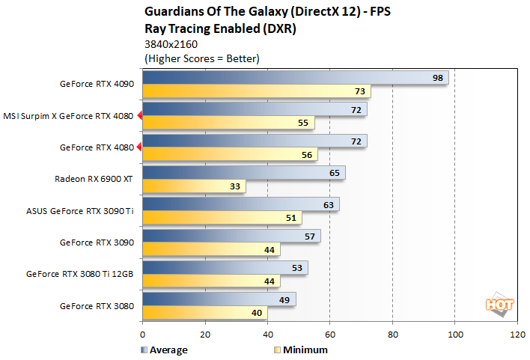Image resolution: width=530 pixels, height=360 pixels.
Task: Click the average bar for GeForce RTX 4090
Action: click(x=295, y=78)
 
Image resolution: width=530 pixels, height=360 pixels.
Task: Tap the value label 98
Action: click(x=438, y=78)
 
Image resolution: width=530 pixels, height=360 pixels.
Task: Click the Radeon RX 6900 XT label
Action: click(x=94, y=179)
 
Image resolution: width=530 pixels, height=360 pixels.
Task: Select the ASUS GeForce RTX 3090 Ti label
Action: click(x=80, y=210)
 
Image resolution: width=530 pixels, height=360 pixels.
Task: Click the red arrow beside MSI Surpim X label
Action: click(x=139, y=116)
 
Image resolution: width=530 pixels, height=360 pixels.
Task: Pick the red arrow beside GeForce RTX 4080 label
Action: click(x=139, y=147)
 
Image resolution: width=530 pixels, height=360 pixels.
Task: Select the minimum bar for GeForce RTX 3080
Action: click(x=204, y=313)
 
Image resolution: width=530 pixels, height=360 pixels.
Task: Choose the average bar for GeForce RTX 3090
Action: click(x=231, y=237)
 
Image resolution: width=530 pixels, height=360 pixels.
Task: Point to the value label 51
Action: click(x=292, y=218)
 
